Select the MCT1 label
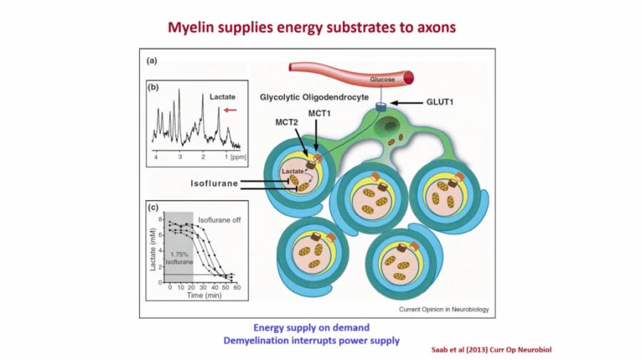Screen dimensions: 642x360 point(319,113)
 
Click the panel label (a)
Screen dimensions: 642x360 point(151,61)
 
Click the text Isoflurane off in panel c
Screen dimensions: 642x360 point(219,220)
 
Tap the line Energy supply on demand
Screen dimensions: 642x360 point(312,327)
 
